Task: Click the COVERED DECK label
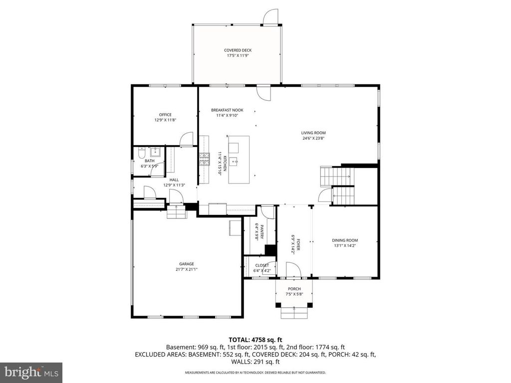point(238,50)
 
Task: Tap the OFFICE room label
point(165,115)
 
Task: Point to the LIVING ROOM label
point(313,133)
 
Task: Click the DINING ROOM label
point(345,240)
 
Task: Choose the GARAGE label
point(187,264)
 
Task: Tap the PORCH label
point(294,289)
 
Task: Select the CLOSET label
point(262,265)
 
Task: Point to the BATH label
point(150,161)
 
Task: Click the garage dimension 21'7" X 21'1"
point(187,269)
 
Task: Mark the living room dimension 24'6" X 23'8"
point(313,139)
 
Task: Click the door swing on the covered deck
point(269,17)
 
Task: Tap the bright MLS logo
point(31,372)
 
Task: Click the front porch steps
point(294,313)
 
